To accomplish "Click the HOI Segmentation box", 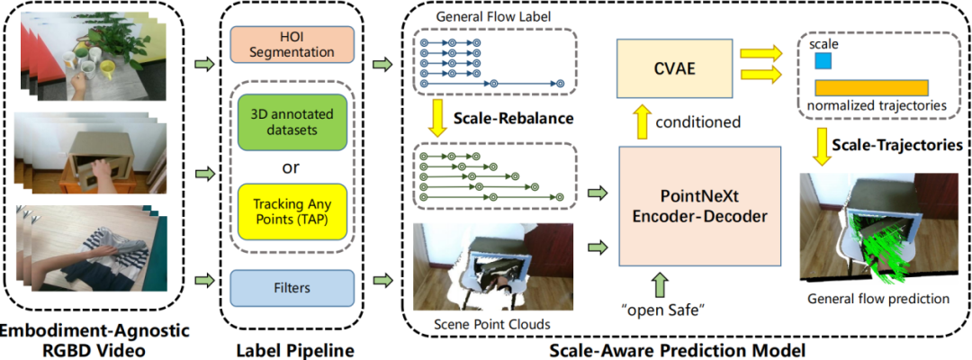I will point(291,44).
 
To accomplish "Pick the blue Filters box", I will point(291,288).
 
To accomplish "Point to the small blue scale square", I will point(823,60).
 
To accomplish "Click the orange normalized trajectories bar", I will point(871,87).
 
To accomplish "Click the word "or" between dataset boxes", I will point(291,166).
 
